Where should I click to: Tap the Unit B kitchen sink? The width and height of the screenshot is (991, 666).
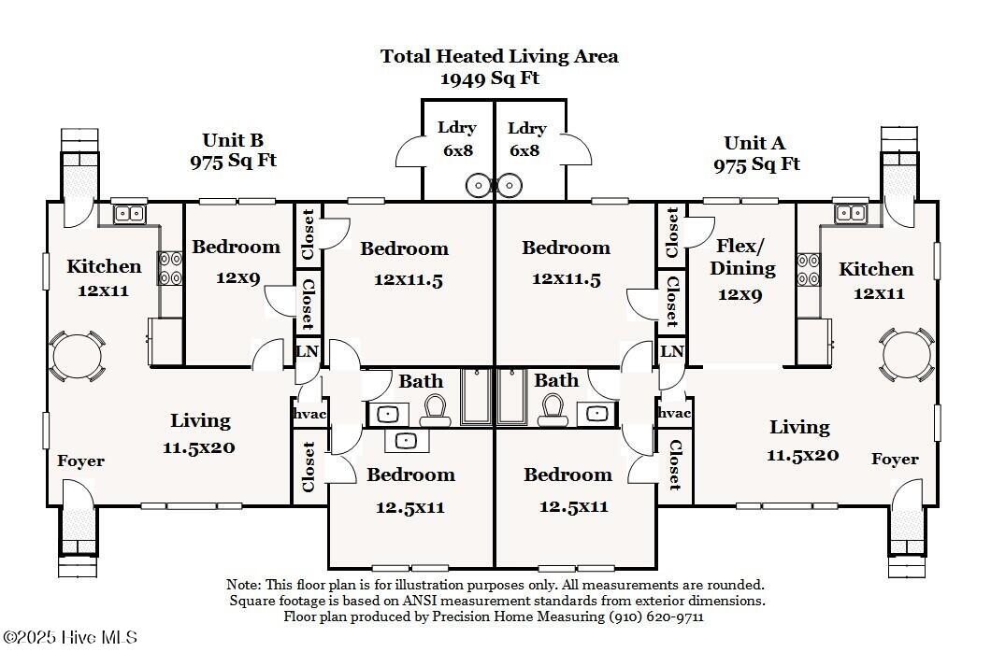(x=129, y=214)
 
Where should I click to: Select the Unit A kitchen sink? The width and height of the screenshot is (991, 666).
(x=851, y=213)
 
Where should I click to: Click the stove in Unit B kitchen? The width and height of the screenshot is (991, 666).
(x=169, y=268)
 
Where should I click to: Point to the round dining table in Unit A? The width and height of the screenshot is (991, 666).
(x=907, y=355)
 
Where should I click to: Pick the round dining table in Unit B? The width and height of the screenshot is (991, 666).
(x=73, y=355)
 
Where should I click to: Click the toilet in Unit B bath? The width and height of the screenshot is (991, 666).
(x=436, y=408)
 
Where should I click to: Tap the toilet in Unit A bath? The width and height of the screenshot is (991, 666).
(x=552, y=408)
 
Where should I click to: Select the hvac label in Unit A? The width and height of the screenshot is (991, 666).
(x=674, y=413)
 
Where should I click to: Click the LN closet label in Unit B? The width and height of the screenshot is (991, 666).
(x=307, y=352)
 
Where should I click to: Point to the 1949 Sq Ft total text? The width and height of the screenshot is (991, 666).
(x=490, y=78)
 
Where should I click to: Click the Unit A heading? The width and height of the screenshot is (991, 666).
(x=754, y=143)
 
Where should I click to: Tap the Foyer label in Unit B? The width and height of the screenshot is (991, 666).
(x=80, y=461)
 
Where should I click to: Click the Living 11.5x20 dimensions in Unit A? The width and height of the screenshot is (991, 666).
(x=802, y=456)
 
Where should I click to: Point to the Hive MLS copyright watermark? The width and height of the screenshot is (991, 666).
(x=70, y=637)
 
